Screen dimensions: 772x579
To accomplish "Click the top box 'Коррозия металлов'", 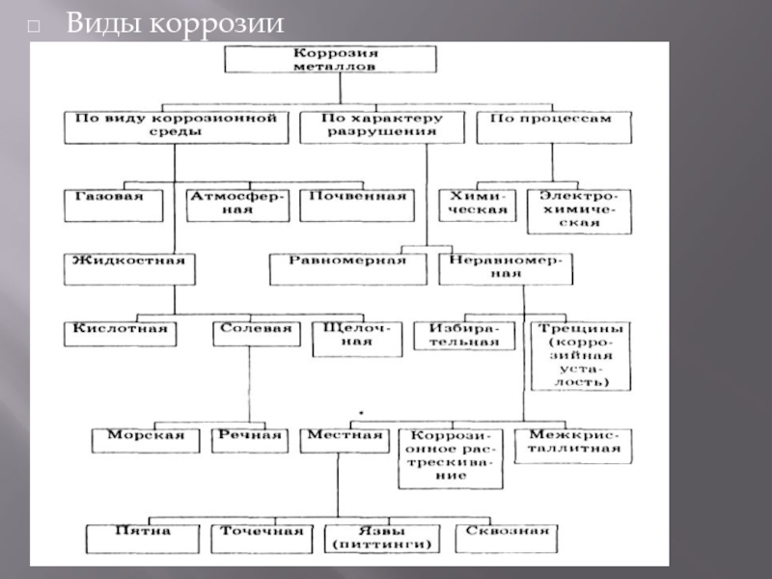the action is [x=330, y=59].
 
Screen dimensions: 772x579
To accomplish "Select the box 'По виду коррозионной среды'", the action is [x=177, y=127].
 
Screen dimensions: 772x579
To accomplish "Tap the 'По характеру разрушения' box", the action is [x=382, y=127].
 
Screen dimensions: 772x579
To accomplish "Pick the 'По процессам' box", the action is [x=554, y=127].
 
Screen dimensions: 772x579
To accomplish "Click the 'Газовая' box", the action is [x=114, y=206].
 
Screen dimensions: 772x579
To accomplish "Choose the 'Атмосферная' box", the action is [x=237, y=206].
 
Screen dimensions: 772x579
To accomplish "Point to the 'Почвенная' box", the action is [x=357, y=206].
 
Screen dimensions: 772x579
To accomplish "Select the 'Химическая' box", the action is [x=478, y=206].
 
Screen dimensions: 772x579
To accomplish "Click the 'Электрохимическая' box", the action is [x=580, y=211].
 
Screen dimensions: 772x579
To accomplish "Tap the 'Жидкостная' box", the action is [x=129, y=269].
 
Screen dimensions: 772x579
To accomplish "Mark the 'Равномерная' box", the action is [x=348, y=269].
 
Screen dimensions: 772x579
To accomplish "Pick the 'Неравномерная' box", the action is [x=506, y=269].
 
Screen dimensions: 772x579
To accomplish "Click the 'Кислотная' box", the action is [x=120, y=334].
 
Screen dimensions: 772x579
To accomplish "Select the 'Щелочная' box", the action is [x=357, y=339].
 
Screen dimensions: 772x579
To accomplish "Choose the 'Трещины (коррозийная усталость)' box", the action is [x=581, y=356].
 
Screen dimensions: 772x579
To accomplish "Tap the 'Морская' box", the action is [x=146, y=441].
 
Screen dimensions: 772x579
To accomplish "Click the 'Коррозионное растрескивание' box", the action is [x=451, y=459].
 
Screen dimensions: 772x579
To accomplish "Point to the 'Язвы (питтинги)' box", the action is [x=382, y=539].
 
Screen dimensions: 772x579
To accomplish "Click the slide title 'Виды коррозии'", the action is [x=175, y=23].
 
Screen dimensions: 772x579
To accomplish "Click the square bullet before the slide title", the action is [x=34, y=26].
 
